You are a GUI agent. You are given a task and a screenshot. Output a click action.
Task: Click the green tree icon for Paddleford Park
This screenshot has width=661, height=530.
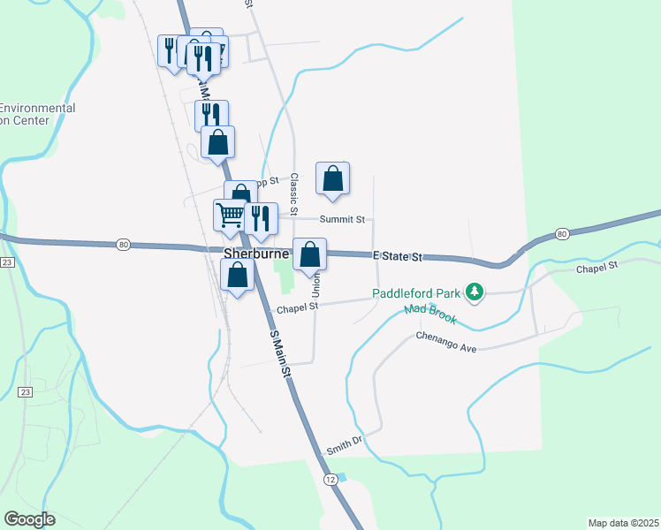475,291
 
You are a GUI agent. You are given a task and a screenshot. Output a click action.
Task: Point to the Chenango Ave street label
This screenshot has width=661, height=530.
446,343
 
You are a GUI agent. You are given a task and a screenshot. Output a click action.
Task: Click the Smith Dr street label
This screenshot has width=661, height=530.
344,443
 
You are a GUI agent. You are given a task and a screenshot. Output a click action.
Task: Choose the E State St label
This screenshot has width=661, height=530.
398,256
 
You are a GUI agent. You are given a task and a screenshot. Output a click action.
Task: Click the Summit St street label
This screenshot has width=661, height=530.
342,219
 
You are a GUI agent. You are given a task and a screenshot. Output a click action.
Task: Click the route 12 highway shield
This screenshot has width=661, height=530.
330,478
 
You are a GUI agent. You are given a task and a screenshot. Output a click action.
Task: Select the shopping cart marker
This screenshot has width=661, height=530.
231,214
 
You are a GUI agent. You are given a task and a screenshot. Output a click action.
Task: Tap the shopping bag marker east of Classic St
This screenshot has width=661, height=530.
332,178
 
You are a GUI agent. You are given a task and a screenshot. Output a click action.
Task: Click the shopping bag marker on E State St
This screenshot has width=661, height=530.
309,254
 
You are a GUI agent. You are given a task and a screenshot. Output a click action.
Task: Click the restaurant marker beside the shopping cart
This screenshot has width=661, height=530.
261,217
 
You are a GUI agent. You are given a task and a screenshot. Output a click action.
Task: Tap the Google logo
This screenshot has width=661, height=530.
29,519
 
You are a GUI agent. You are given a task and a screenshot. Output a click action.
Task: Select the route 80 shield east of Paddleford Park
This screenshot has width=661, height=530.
562,233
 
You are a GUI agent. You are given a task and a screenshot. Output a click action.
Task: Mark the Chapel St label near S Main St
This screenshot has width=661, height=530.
296,308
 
